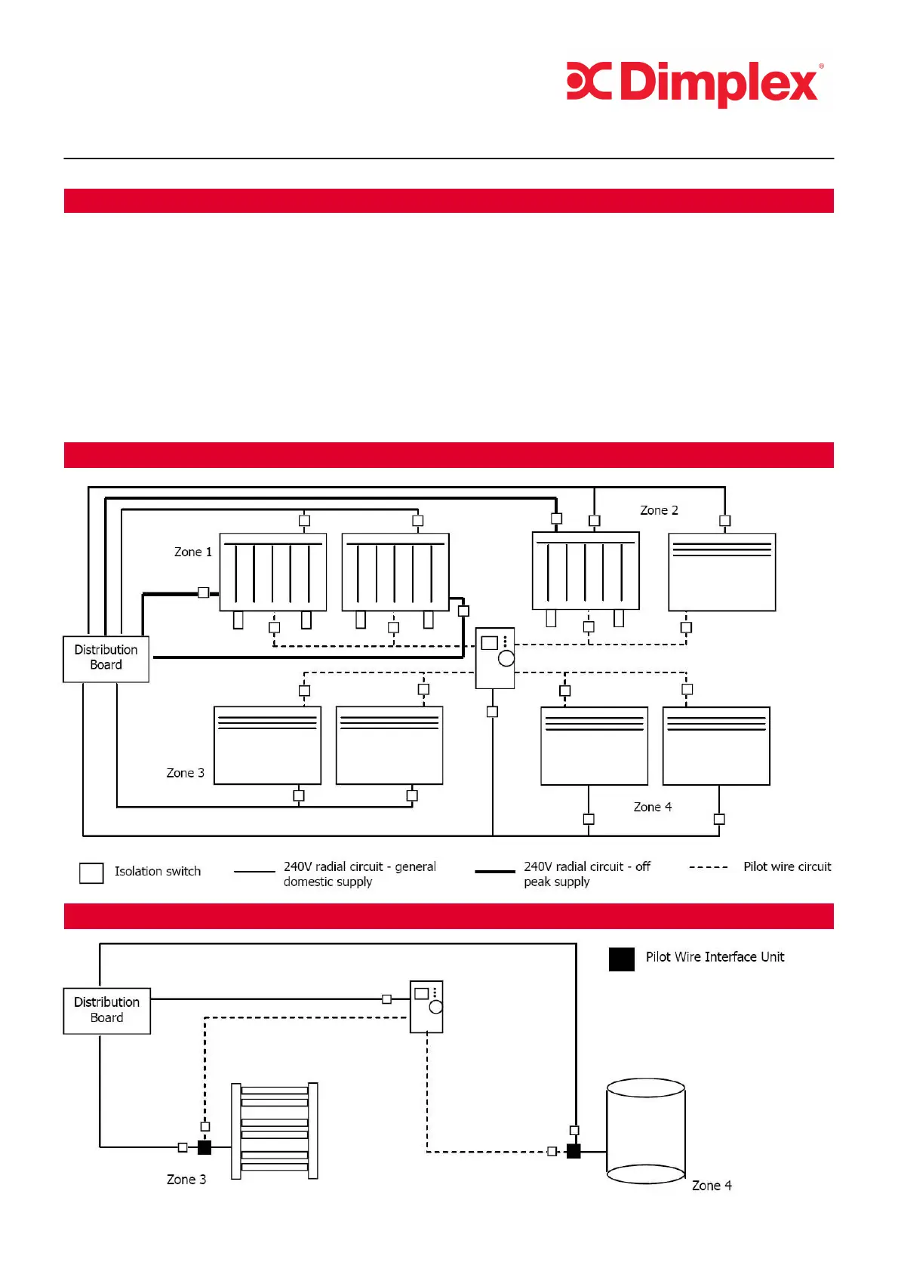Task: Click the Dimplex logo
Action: pyautogui.click(x=694, y=83)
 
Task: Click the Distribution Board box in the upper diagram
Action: pyautogui.click(x=106, y=658)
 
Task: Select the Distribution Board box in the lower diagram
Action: pyautogui.click(x=106, y=1010)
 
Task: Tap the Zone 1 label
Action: pyautogui.click(x=192, y=552)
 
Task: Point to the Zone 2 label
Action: pyautogui.click(x=659, y=510)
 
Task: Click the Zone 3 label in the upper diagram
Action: pyautogui.click(x=185, y=773)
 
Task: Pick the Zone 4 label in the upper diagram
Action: pyautogui.click(x=652, y=807)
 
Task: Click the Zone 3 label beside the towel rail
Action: pyautogui.click(x=186, y=1179)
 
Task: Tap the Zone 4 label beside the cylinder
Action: pyautogui.click(x=711, y=1185)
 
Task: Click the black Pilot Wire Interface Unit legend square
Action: pyautogui.click(x=621, y=959)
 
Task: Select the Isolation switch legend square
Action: pyautogui.click(x=91, y=872)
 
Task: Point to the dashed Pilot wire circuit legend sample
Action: pyautogui.click(x=708, y=867)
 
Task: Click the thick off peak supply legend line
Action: pyautogui.click(x=494, y=872)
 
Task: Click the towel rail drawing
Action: pyautogui.click(x=274, y=1130)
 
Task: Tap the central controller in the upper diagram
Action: pyautogui.click(x=495, y=657)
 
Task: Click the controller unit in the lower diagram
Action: pyautogui.click(x=426, y=1006)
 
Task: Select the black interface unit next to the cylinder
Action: pyautogui.click(x=574, y=1151)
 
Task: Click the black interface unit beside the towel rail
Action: pyautogui.click(x=204, y=1147)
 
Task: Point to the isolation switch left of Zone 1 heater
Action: pyautogui.click(x=203, y=592)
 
